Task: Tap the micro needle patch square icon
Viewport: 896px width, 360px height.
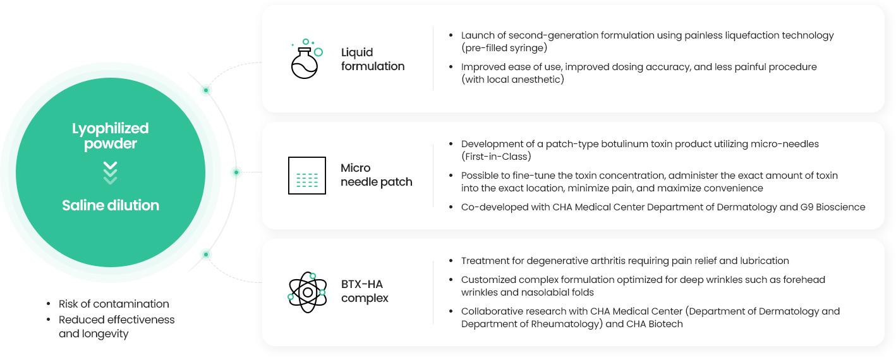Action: pyautogui.click(x=307, y=176)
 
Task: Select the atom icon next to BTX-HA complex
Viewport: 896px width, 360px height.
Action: pyautogui.click(x=307, y=292)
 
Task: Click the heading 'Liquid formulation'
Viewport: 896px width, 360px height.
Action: pyautogui.click(x=373, y=59)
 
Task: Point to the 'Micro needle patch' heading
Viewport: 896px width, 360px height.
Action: pyautogui.click(x=376, y=175)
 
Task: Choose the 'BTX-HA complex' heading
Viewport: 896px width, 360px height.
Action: pyautogui.click(x=365, y=291)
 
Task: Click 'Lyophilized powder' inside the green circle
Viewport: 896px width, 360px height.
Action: pyautogui.click(x=111, y=136)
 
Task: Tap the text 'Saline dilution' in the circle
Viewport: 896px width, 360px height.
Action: pyautogui.click(x=111, y=205)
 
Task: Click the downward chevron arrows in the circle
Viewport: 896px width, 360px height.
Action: pyautogui.click(x=111, y=173)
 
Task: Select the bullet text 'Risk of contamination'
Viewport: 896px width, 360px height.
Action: pyautogui.click(x=114, y=304)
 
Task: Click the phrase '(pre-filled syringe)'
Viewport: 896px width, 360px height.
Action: pyautogui.click(x=504, y=48)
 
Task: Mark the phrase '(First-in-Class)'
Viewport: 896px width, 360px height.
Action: pyautogui.click(x=496, y=157)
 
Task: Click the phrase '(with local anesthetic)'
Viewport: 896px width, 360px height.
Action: pyautogui.click(x=512, y=80)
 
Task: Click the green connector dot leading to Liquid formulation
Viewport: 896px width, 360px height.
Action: pyautogui.click(x=206, y=90)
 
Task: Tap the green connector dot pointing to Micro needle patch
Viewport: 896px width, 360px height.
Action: pyautogui.click(x=236, y=172)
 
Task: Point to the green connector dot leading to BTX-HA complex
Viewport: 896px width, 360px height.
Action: pyautogui.click(x=206, y=255)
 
